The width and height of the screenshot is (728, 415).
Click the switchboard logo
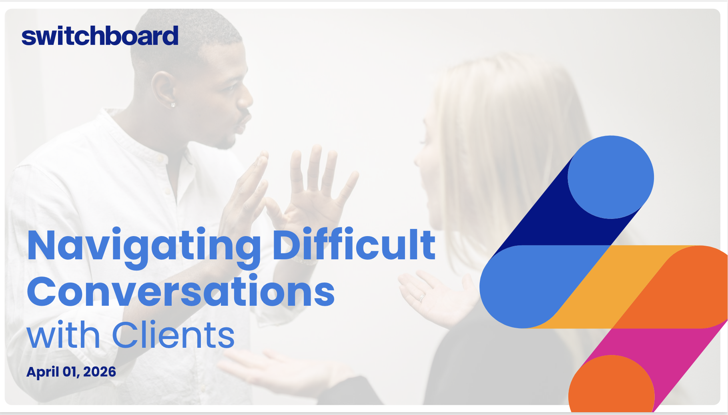click(100, 36)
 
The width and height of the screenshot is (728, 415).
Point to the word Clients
click(173, 335)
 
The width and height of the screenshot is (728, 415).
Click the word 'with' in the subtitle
click(63, 335)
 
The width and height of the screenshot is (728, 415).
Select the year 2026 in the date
click(100, 372)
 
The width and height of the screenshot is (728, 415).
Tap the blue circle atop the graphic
click(610, 177)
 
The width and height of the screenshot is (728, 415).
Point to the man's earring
click(173, 105)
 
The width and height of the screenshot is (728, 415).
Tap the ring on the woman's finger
click(421, 297)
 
